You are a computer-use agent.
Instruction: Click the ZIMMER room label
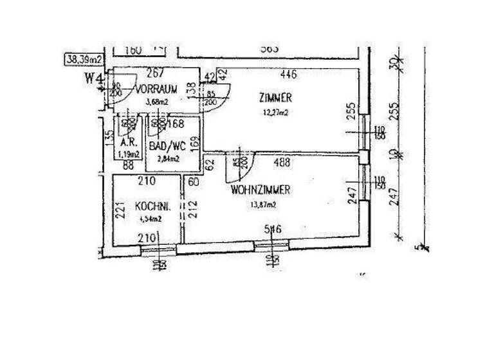click(x=276, y=98)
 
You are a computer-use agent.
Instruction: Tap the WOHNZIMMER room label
click(x=260, y=190)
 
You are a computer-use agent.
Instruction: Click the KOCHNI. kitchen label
click(x=152, y=207)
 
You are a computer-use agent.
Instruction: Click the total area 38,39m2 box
click(x=84, y=60)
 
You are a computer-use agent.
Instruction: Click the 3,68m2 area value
click(x=156, y=102)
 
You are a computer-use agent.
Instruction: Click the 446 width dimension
click(x=289, y=75)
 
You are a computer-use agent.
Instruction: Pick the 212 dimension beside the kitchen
click(x=190, y=210)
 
